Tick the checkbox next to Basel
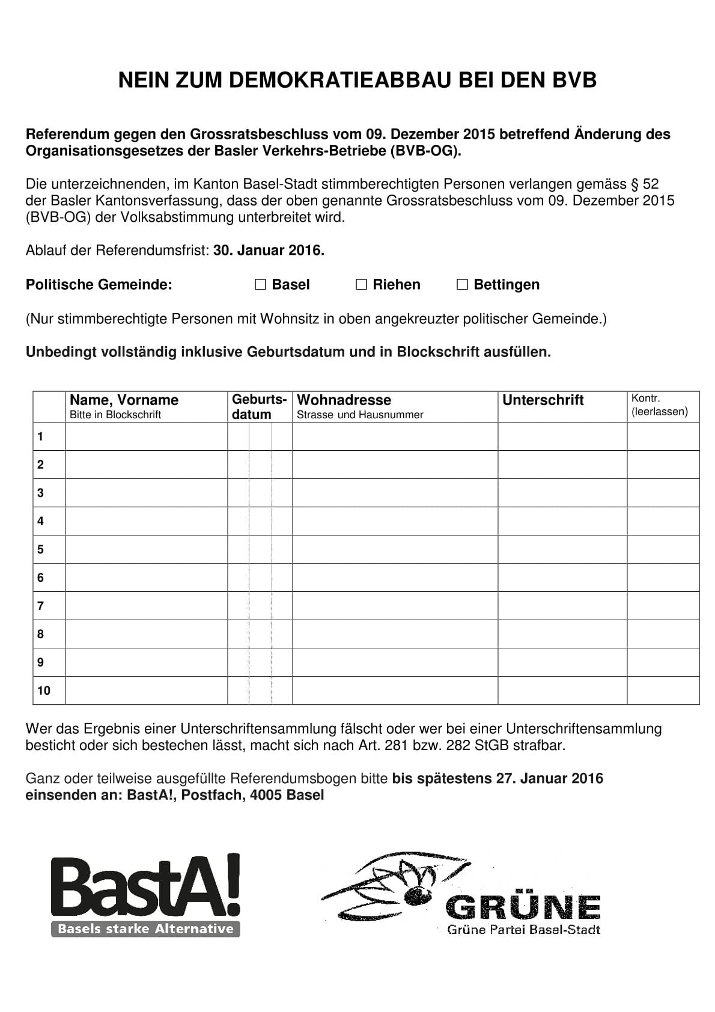[260, 285]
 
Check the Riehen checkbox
[361, 285]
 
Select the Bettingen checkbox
[462, 285]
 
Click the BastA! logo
[145, 895]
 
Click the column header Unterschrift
[543, 400]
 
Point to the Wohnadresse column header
[344, 400]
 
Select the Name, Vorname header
[124, 400]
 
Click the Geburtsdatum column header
[259, 407]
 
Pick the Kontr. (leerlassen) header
[659, 406]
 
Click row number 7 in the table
[40, 606]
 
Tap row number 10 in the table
[44, 690]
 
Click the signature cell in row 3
[562, 493]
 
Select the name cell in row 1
[146, 436]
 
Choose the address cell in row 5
[395, 549]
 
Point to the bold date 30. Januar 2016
[269, 251]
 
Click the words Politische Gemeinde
[99, 285]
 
